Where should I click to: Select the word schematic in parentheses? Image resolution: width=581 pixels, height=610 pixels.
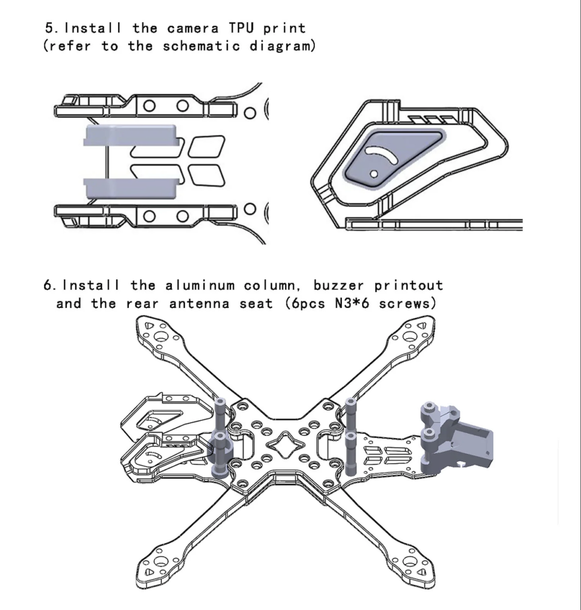pos(199,46)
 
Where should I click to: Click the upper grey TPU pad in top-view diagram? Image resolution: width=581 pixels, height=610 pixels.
pos(132,135)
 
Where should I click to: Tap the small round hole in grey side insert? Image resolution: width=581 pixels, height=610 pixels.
pos(373,173)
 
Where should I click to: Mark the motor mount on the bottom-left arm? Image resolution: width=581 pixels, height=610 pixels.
pos(160,562)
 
